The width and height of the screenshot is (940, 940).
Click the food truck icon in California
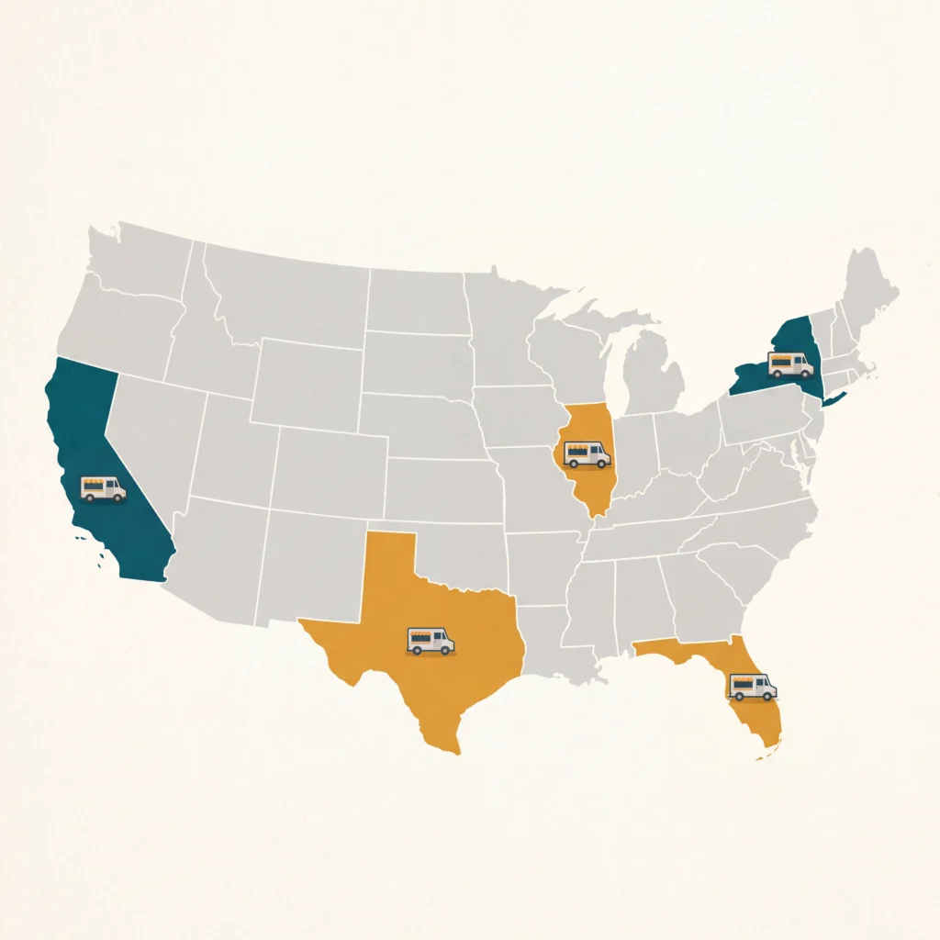[x=103, y=488]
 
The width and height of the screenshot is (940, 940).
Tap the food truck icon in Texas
[x=430, y=640]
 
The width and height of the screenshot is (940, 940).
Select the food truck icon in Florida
[x=752, y=686]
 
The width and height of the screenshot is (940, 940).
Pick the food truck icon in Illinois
[x=587, y=453]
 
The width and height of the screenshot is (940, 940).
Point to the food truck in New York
[x=790, y=364]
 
